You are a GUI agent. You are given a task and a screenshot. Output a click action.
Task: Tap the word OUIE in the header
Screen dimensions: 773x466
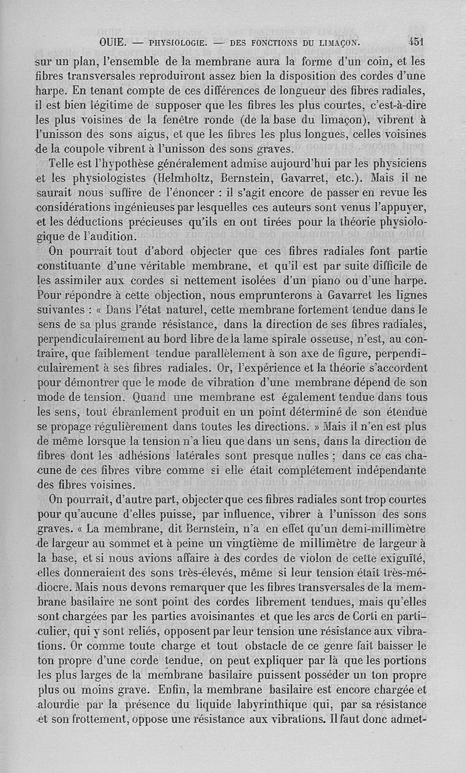coord(111,43)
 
